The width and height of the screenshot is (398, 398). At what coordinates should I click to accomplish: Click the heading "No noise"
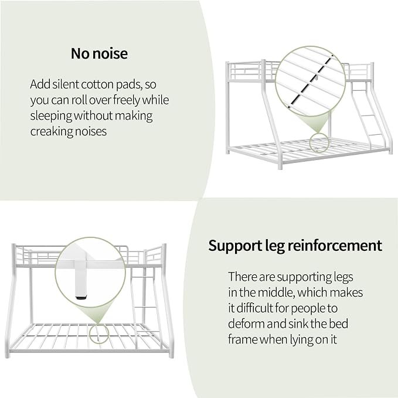[99, 53]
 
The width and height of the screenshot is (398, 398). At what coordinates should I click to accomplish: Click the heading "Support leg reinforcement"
[295, 246]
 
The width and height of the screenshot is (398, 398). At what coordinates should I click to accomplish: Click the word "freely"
[126, 100]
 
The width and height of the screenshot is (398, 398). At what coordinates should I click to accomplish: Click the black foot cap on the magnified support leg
[81, 295]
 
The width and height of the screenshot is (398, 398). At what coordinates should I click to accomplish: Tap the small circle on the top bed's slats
[319, 143]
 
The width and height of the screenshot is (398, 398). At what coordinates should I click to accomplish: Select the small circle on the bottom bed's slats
[98, 334]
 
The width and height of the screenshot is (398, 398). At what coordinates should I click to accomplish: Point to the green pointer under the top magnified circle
[318, 123]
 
